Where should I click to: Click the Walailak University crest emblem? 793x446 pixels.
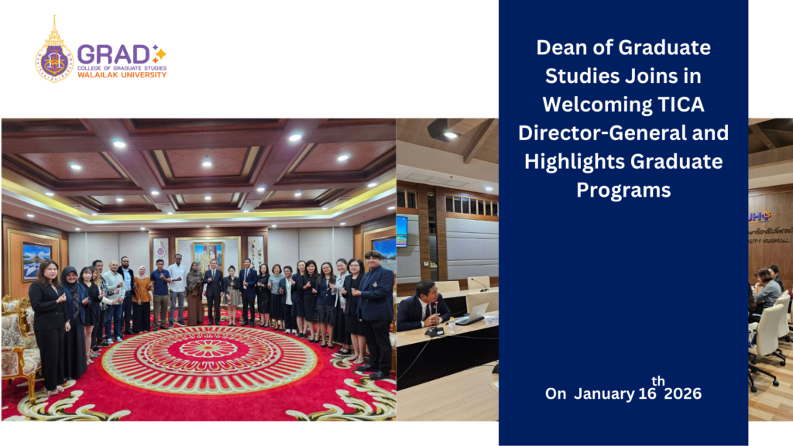point(53,53)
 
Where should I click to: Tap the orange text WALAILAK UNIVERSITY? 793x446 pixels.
point(122,75)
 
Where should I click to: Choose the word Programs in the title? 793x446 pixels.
point(623,190)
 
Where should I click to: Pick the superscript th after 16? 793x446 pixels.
point(658,381)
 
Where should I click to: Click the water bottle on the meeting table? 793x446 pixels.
point(452,324)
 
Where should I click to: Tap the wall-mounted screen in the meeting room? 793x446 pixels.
point(402,230)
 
